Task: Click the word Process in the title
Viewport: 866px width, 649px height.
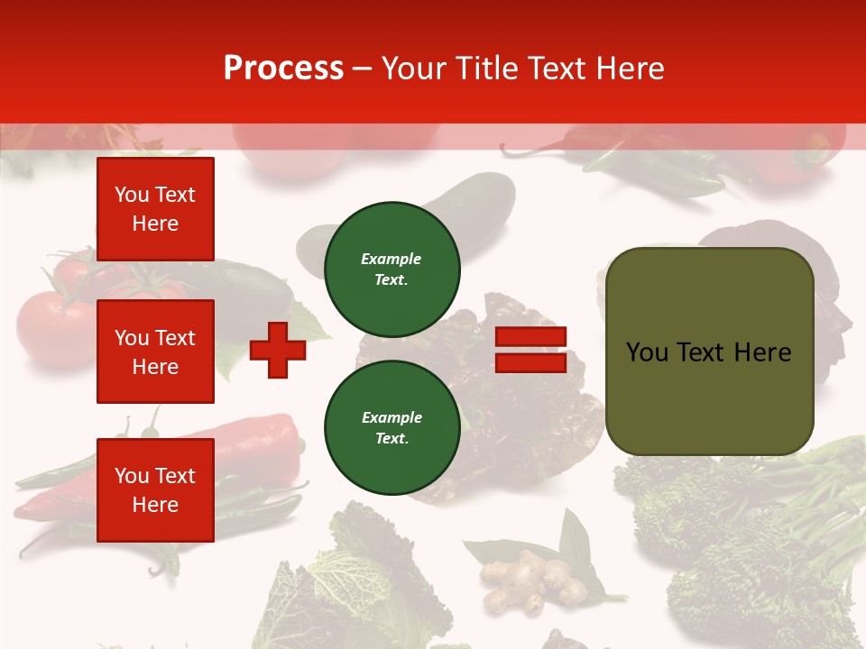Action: pyautogui.click(x=283, y=69)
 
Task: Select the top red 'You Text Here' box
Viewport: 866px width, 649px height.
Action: pyautogui.click(x=155, y=209)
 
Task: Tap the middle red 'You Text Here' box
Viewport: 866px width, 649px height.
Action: pyautogui.click(x=155, y=352)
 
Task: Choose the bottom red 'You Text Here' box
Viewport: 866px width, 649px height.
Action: pyautogui.click(x=155, y=490)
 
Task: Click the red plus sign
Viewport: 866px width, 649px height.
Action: pyautogui.click(x=278, y=351)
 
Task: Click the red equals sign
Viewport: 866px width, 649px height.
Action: pyautogui.click(x=530, y=350)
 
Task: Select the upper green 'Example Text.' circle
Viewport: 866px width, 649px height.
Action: pyautogui.click(x=392, y=270)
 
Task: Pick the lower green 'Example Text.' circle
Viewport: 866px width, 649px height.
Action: pyautogui.click(x=392, y=428)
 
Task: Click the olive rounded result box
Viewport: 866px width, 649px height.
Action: pyautogui.click(x=709, y=352)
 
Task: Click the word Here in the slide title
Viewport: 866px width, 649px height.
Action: pyautogui.click(x=629, y=69)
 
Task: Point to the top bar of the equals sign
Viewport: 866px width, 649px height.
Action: pyautogui.click(x=530, y=337)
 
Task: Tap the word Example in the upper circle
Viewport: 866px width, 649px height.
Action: pyautogui.click(x=392, y=260)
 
